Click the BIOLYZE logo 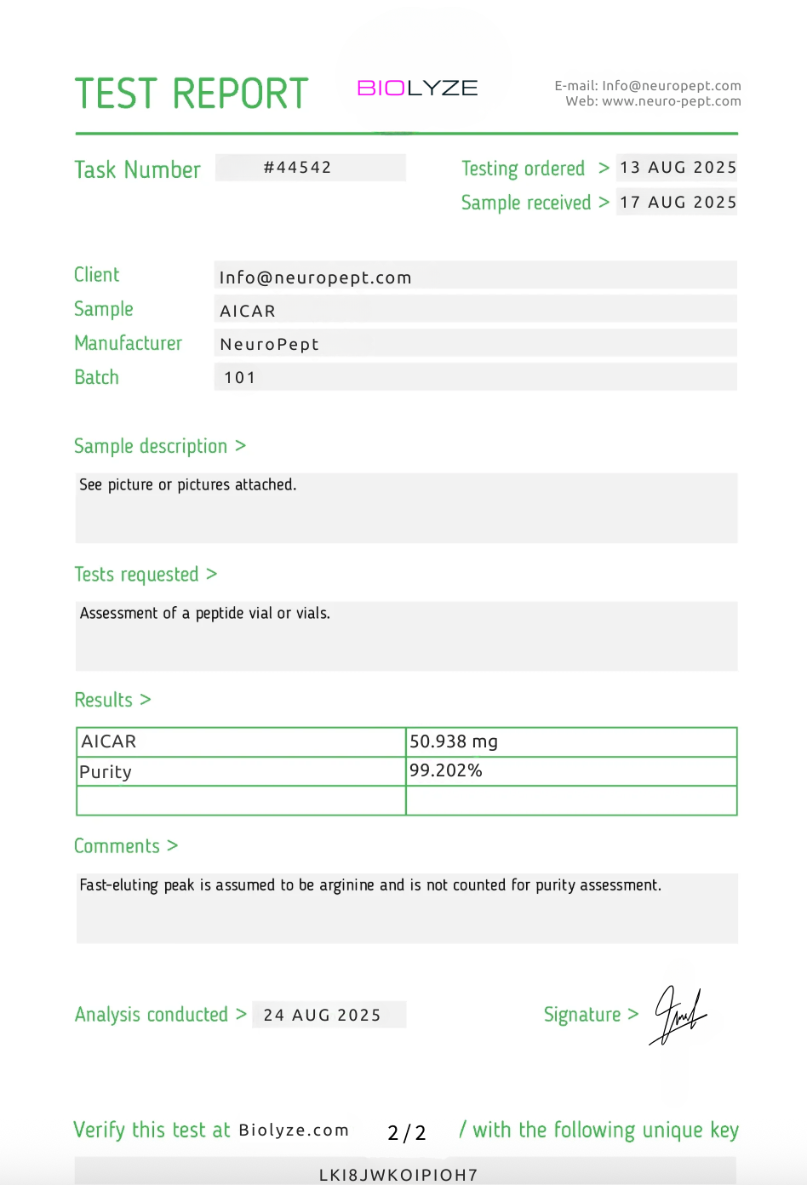(417, 89)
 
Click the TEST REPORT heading (192, 94)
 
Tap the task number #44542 (298, 168)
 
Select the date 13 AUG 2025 (678, 168)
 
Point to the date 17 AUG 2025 (678, 203)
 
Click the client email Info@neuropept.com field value (316, 278)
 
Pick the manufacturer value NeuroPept (269, 344)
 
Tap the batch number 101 (240, 377)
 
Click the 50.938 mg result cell (454, 741)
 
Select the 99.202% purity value (446, 770)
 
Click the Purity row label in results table (106, 772)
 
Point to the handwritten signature (678, 1014)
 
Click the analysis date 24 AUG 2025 (322, 1015)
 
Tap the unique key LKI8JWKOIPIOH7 (398, 1175)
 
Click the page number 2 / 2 (407, 1133)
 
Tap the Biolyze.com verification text (294, 1131)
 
